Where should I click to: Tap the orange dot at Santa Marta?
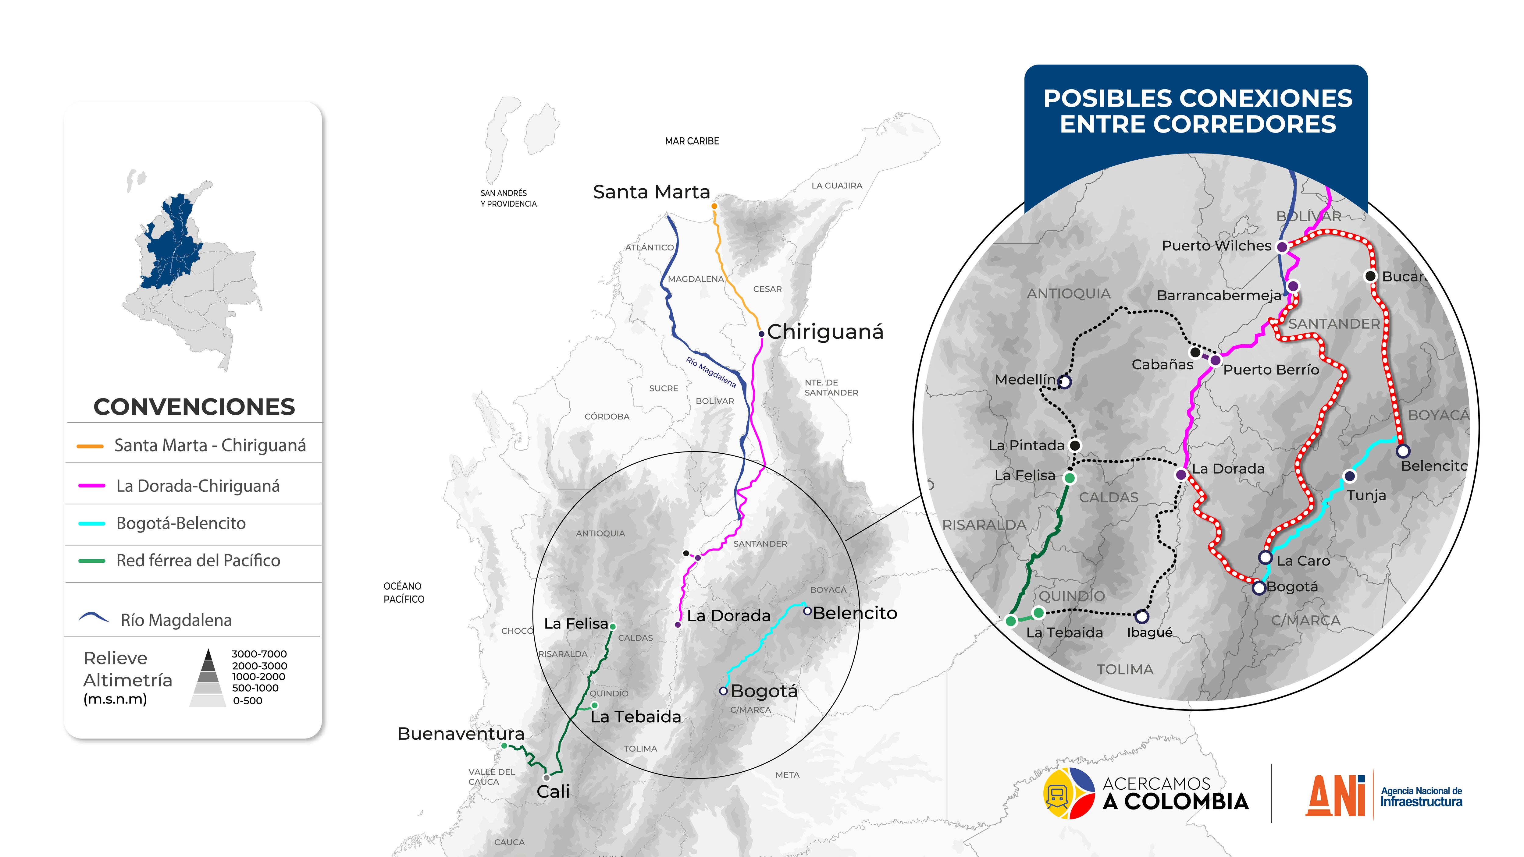pyautogui.click(x=714, y=206)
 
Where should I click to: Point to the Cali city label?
pyautogui.click(x=553, y=791)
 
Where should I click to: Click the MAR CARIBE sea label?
pyautogui.click(x=692, y=141)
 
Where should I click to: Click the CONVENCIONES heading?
pyautogui.click(x=194, y=407)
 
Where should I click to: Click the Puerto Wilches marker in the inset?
pyautogui.click(x=1281, y=247)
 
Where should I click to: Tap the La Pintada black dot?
pyautogui.click(x=1075, y=445)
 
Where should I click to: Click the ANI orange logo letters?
pyautogui.click(x=1335, y=795)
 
